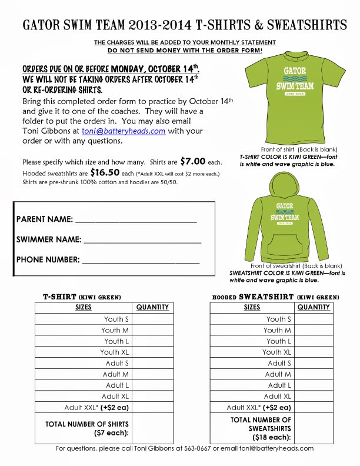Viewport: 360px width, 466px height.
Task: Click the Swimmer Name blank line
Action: click(143, 241)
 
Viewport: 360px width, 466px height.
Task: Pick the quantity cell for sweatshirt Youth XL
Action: click(314, 352)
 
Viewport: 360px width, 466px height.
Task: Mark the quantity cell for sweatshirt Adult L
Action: click(314, 385)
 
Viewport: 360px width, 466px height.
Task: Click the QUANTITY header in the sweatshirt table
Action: click(314, 307)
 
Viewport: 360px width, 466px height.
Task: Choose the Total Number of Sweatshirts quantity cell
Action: click(314, 428)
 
